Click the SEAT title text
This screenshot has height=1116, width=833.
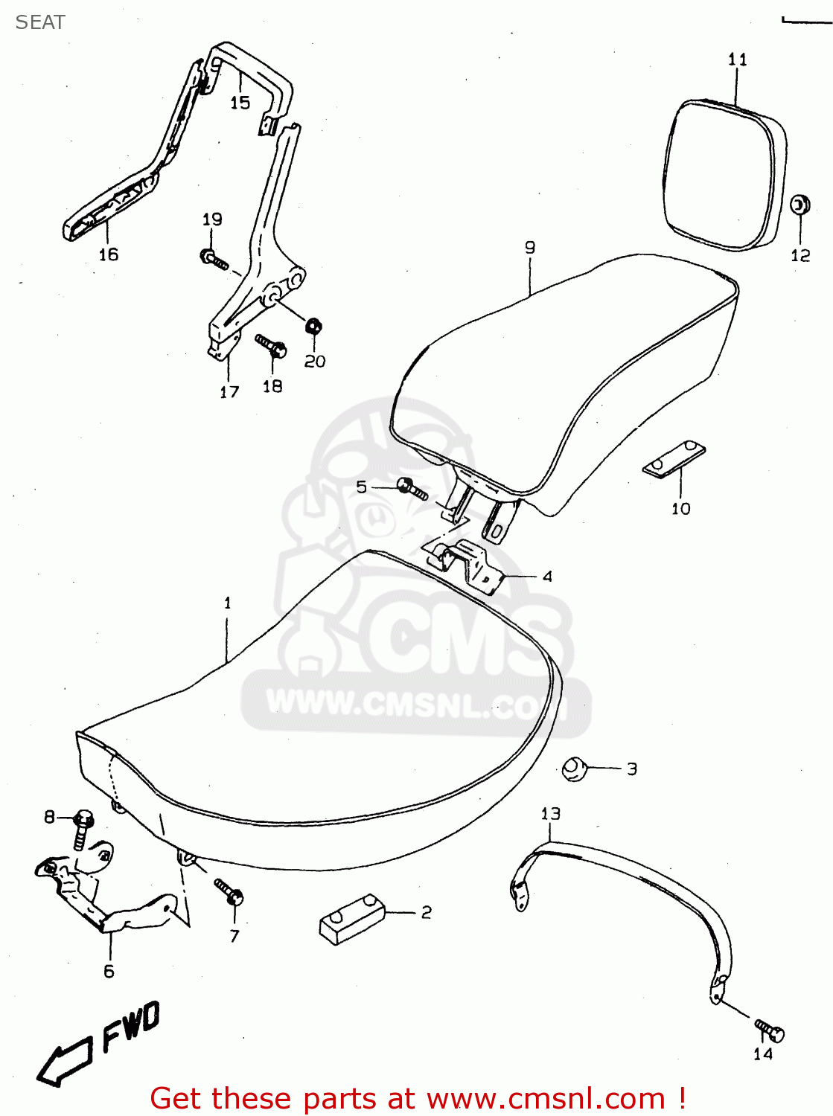(x=40, y=22)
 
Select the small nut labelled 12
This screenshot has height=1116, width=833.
(x=800, y=205)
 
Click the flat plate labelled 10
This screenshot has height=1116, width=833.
(x=674, y=460)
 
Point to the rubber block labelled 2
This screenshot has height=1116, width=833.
(x=351, y=920)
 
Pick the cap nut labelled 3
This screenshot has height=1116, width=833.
(x=574, y=768)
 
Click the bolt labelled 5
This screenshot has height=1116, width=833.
(x=412, y=489)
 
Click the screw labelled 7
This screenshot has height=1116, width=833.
(x=229, y=891)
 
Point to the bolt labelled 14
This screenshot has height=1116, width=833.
(x=770, y=1030)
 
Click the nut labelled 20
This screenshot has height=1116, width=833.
(x=313, y=326)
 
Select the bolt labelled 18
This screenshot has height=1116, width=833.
(x=272, y=346)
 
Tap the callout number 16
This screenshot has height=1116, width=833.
(x=109, y=254)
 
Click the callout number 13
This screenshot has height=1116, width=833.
(x=550, y=814)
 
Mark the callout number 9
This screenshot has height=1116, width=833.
(x=529, y=248)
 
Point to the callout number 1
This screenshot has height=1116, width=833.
(x=228, y=603)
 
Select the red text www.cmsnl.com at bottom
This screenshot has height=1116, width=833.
(x=546, y=1098)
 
